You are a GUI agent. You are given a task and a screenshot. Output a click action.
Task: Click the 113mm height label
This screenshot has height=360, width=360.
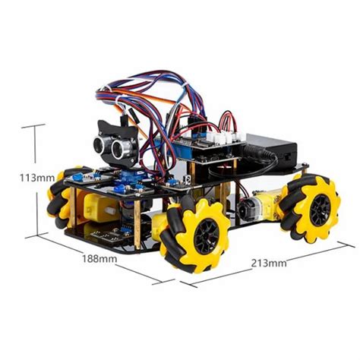(36, 178)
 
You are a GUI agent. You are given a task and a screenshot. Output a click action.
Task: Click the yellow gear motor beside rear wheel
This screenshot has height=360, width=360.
(266, 204)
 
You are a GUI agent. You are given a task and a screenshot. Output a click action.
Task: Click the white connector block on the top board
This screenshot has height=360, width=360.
(229, 137)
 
